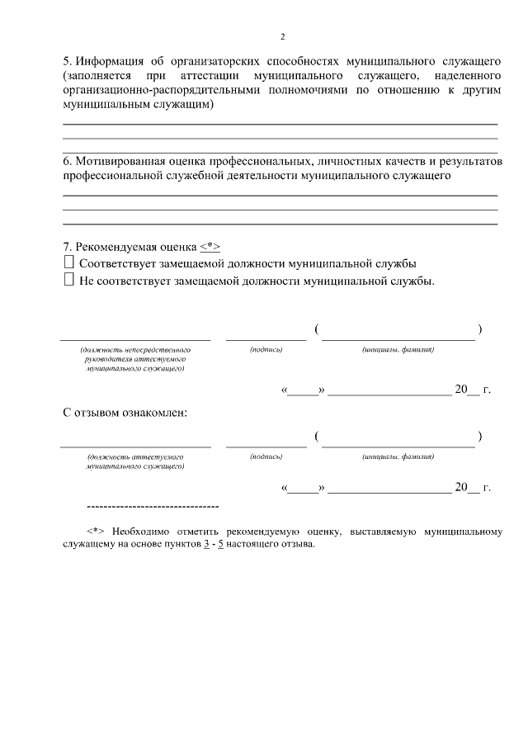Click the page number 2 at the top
[282, 37]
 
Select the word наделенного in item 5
[466, 76]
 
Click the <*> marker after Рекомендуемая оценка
[210, 247]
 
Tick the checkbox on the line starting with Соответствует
[68, 262]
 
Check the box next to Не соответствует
[68, 280]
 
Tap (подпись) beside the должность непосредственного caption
[266, 350]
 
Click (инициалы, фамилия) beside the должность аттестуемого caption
[398, 456]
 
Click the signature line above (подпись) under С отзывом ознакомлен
[266, 446]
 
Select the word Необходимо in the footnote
[136, 532]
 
